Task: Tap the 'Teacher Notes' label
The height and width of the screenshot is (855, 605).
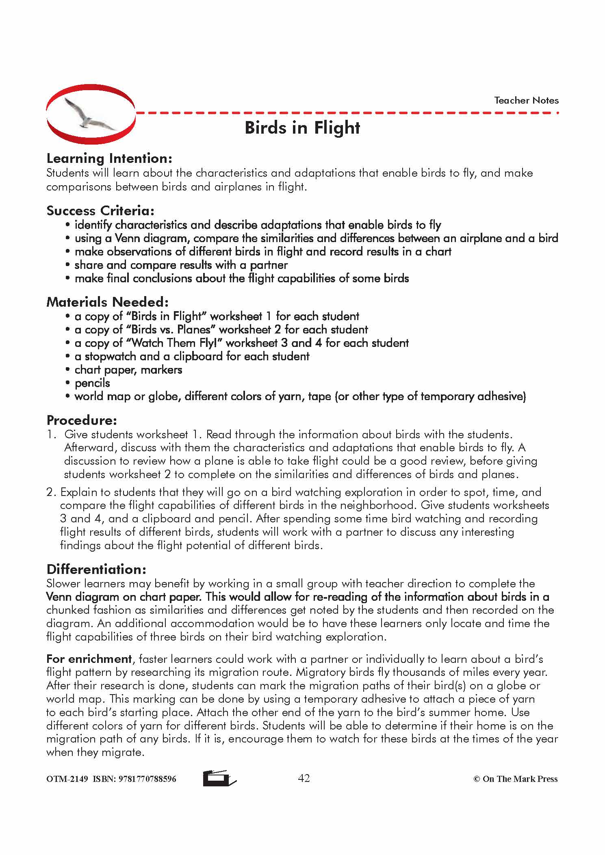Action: click(526, 100)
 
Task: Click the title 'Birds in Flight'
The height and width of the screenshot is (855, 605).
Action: click(302, 128)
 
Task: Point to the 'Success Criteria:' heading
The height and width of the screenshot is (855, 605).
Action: click(100, 210)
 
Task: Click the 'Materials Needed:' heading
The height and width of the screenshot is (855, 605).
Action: click(107, 302)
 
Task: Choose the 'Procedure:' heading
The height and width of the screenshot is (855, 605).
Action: click(82, 420)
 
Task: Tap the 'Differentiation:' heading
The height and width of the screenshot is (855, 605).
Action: click(96, 569)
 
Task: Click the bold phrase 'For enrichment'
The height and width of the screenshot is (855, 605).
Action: click(89, 659)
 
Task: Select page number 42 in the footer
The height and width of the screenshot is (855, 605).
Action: click(304, 778)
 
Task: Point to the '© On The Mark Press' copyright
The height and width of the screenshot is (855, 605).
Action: click(515, 779)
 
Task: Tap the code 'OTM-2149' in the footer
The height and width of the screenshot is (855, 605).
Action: click(67, 779)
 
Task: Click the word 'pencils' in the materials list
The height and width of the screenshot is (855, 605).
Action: click(92, 383)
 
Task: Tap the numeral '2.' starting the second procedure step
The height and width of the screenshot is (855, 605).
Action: click(51, 492)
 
